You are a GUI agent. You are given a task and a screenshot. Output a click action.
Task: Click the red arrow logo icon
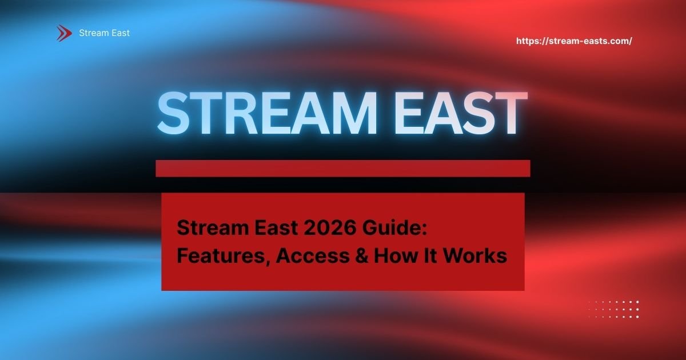[64, 33]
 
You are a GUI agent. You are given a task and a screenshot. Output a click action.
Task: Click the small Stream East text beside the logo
[104, 33]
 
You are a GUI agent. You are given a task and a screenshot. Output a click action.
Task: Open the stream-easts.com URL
[574, 41]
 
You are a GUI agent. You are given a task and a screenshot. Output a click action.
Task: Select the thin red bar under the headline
[343, 168]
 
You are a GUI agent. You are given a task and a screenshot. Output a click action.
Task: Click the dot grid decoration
[613, 309]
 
